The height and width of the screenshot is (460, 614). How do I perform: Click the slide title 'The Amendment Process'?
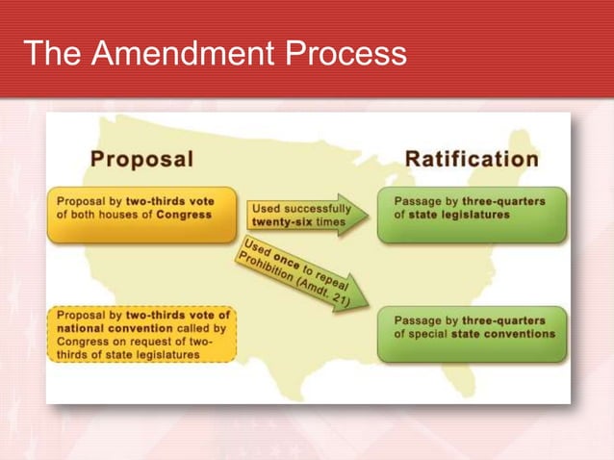point(214,54)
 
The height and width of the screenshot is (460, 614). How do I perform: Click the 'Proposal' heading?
point(142,159)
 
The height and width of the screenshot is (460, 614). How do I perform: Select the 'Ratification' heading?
point(472,159)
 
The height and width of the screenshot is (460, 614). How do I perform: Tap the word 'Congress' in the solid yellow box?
point(182,215)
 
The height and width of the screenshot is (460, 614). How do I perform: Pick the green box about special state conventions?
point(472,334)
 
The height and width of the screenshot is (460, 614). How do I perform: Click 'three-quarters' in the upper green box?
point(505,200)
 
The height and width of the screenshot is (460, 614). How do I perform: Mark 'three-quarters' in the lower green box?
point(505,319)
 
